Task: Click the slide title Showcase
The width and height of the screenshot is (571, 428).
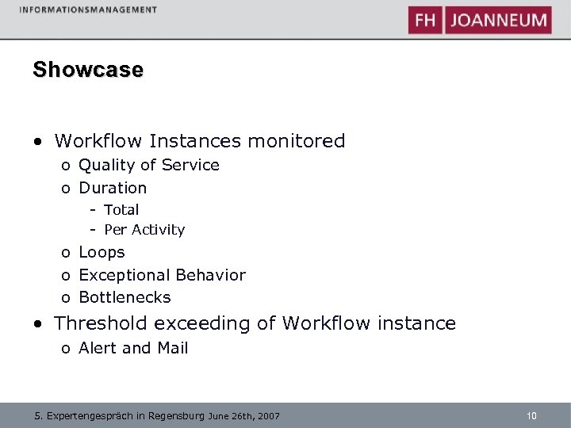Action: pos(88,70)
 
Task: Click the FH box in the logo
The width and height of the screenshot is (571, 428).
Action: pos(426,20)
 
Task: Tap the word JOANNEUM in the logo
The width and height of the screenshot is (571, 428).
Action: pos(499,20)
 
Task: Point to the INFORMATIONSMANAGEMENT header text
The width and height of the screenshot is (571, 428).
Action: pos(89,10)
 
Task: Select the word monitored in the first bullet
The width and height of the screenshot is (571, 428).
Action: pos(297,141)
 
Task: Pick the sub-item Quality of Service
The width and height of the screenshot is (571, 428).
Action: pos(149,165)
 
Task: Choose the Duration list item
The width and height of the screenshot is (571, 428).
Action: pos(113,188)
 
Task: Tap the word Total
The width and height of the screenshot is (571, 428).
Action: pos(121,210)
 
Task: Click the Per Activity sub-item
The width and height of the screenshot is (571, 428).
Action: pos(144,230)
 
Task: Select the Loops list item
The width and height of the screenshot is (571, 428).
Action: pos(102,252)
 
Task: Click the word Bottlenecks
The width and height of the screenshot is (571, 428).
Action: pos(125,297)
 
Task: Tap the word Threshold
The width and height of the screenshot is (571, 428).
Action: pos(101,323)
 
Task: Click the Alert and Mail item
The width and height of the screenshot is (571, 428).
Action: pos(133,348)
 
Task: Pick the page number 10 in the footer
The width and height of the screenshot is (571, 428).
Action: pos(531,415)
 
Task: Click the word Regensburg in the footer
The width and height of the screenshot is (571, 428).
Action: pos(176,415)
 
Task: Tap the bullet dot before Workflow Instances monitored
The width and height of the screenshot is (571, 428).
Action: pos(38,143)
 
